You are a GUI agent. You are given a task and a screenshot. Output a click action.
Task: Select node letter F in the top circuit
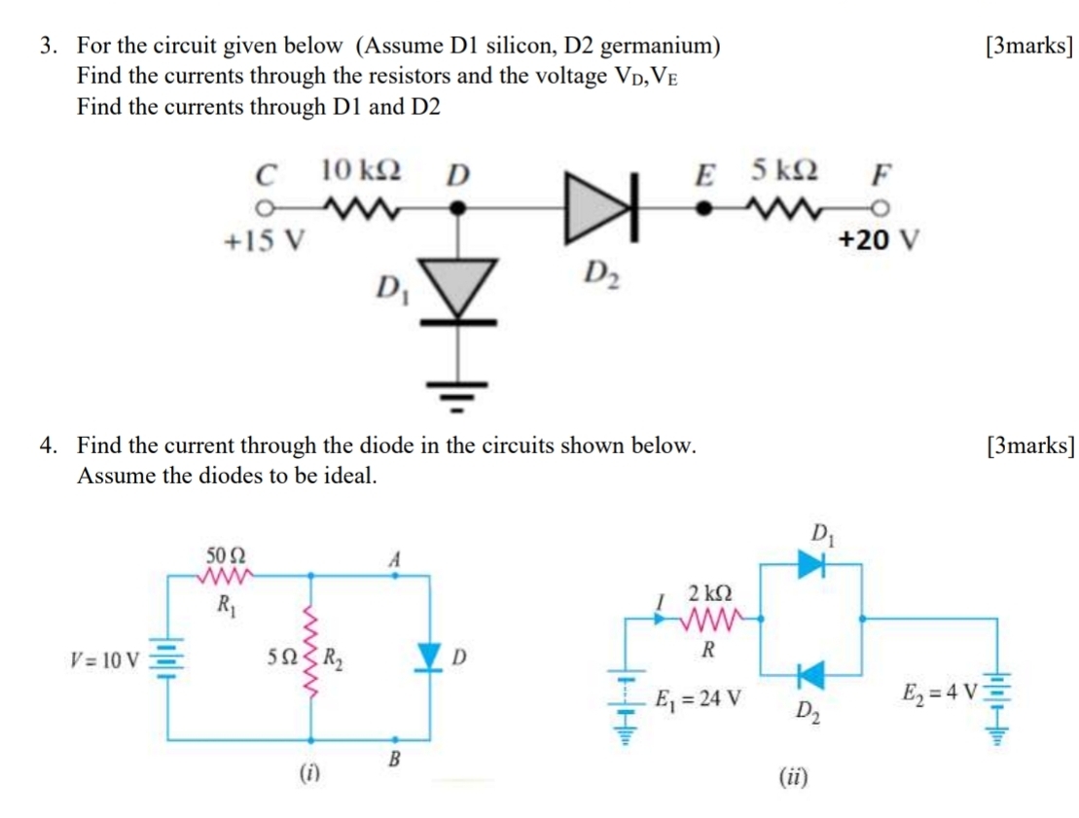click(880, 176)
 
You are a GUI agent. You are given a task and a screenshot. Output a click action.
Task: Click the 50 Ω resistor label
click(226, 555)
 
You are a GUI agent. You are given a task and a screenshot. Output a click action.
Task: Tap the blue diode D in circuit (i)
click(428, 656)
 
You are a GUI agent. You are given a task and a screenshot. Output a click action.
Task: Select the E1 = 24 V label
click(699, 697)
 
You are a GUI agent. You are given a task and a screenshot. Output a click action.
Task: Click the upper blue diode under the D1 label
click(811, 562)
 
